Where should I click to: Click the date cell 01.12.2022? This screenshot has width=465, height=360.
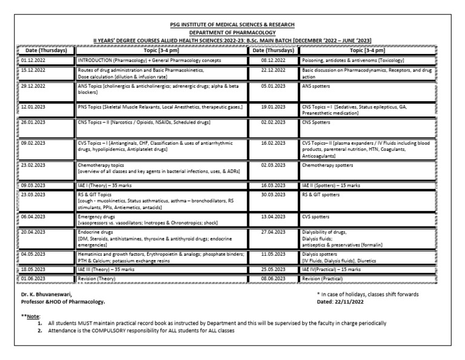point(33,61)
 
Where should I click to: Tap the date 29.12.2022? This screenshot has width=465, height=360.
point(33,87)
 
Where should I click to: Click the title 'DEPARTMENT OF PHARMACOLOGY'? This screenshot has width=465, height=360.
point(232,32)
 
